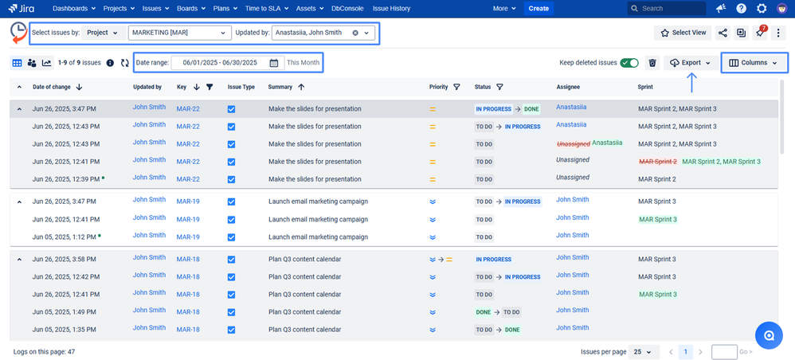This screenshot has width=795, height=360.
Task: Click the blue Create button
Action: [x=538, y=9]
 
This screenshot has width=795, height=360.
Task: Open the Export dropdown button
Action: [x=691, y=63]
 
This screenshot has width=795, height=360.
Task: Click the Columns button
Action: [x=753, y=63]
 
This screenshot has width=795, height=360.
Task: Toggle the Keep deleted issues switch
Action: [x=629, y=63]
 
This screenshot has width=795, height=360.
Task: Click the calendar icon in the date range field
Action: [x=274, y=63]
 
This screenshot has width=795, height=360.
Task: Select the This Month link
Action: [x=303, y=63]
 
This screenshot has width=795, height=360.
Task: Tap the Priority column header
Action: [x=438, y=87]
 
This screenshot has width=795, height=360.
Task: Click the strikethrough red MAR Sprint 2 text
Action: [x=658, y=162]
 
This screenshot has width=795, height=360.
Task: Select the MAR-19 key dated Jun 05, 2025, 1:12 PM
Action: [x=188, y=237]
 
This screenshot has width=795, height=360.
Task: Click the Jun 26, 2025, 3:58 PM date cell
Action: [x=65, y=260]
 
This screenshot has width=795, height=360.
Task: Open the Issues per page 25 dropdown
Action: [x=644, y=351]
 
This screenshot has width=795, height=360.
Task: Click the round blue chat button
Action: [x=769, y=335]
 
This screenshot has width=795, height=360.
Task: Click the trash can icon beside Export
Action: [x=652, y=63]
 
